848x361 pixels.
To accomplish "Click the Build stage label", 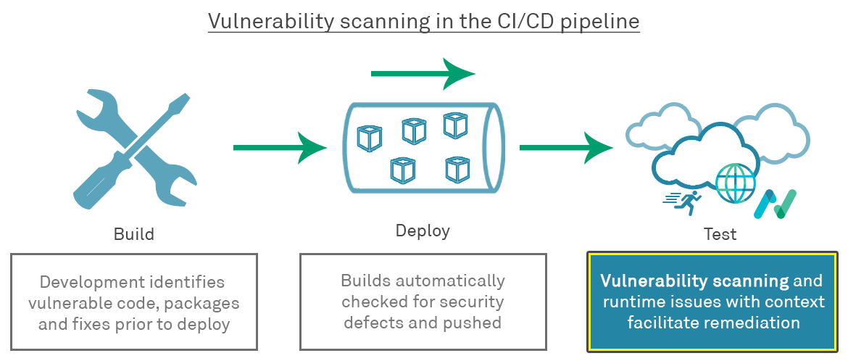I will coord(134,234).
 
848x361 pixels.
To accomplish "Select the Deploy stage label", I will coord(423,231).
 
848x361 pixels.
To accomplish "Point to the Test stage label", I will coord(720,234).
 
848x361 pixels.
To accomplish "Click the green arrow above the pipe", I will coord(423,73).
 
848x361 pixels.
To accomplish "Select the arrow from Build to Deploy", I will coord(280,147).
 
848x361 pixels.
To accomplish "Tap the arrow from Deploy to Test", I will coord(566,147).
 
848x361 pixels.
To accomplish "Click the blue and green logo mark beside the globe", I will coord(775,204).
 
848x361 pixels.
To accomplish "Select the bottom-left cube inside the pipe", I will coord(402,170).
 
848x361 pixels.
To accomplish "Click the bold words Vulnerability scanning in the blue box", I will coord(694,281).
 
